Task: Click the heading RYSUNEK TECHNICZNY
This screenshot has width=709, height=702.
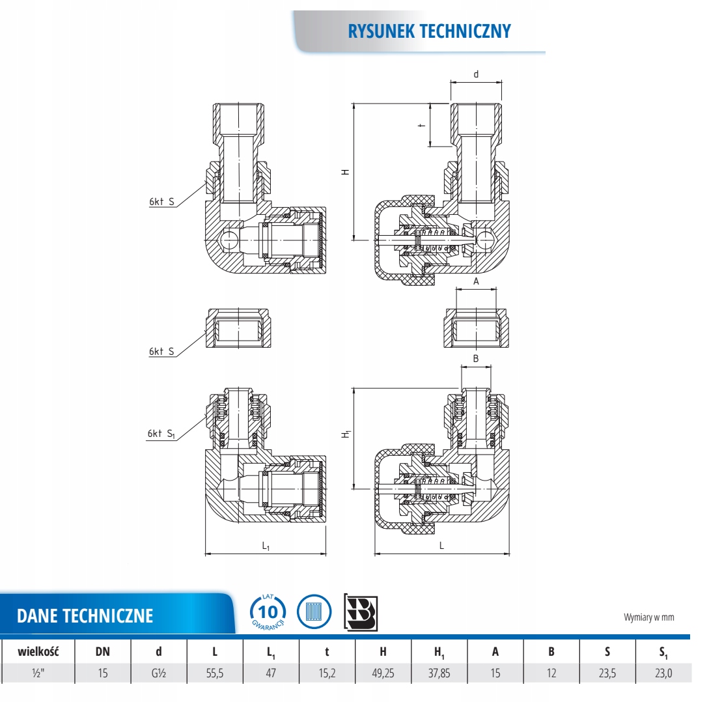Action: (x=430, y=31)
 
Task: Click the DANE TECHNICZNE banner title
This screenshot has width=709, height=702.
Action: (x=85, y=615)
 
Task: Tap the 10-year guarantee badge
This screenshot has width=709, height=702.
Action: (x=268, y=612)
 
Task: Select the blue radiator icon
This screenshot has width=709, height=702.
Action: (x=314, y=612)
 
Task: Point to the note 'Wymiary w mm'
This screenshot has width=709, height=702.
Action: (x=648, y=617)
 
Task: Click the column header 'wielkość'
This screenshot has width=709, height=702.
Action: (x=38, y=651)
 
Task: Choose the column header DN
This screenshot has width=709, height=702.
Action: (x=102, y=651)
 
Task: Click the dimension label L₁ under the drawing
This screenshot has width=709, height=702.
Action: (x=266, y=546)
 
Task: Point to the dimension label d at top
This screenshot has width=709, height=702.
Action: (x=475, y=74)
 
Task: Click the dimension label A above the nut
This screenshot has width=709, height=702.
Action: (x=476, y=281)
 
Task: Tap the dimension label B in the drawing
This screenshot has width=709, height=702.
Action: (x=476, y=358)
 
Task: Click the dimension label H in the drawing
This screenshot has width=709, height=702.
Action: (x=346, y=172)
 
